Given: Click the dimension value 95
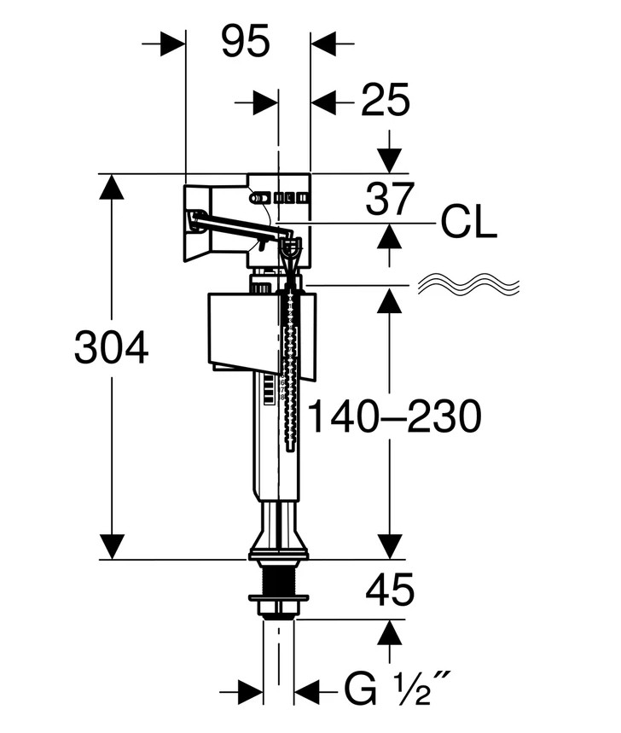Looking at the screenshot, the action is (246, 41).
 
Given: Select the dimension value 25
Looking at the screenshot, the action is (385, 100).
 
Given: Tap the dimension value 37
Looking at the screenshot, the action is (390, 199).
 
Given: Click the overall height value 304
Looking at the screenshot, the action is (111, 346).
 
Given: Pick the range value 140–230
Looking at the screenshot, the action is (395, 416).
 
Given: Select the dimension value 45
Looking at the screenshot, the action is (390, 590).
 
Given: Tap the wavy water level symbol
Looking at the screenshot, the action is (468, 284).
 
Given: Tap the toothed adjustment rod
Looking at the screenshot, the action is (291, 374).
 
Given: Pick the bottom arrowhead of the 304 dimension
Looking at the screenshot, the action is (112, 546).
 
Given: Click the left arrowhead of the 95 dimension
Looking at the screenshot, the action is (173, 44).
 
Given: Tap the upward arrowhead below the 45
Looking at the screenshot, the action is (390, 632).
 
